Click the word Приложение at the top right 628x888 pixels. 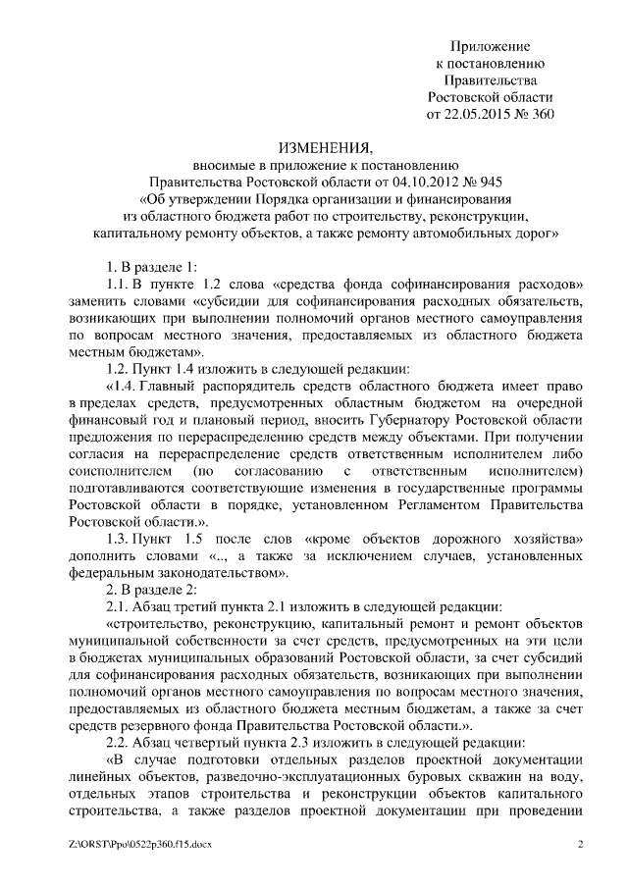[490, 46]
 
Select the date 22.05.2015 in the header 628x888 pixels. [480, 114]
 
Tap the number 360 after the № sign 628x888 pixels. [542, 114]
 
